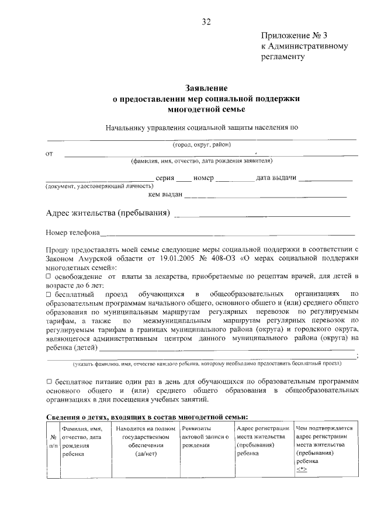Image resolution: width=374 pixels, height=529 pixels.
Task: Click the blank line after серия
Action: (x=183, y=179)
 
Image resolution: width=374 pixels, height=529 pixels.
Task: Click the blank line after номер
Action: (x=235, y=179)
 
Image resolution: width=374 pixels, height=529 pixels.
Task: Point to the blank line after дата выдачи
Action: (x=329, y=179)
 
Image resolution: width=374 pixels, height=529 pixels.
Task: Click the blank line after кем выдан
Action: (x=269, y=196)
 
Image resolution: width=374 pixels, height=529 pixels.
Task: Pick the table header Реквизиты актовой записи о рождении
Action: (x=205, y=437)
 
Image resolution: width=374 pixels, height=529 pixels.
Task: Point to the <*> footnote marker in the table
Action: (x=301, y=469)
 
